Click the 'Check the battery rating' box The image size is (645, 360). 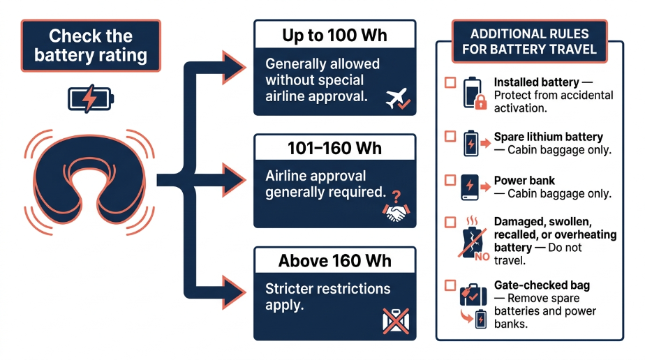click(91, 45)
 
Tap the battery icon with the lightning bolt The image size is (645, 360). click(91, 99)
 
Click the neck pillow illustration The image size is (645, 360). click(89, 181)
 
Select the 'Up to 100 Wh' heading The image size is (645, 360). click(334, 36)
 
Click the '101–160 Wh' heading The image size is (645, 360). click(334, 149)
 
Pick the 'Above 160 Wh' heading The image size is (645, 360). click(334, 261)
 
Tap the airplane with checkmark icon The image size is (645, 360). click(397, 98)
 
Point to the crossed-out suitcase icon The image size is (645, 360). click(396, 321)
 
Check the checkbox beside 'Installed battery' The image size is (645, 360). click(450, 82)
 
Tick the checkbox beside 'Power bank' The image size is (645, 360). click(450, 181)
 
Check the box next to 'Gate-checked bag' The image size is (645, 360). click(450, 285)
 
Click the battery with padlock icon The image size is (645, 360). click(474, 93)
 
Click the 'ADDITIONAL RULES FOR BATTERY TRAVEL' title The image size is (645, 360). click(529, 41)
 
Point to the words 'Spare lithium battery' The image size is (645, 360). click(549, 137)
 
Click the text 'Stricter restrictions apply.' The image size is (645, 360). click(327, 297)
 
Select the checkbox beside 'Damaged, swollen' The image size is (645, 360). click(450, 223)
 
